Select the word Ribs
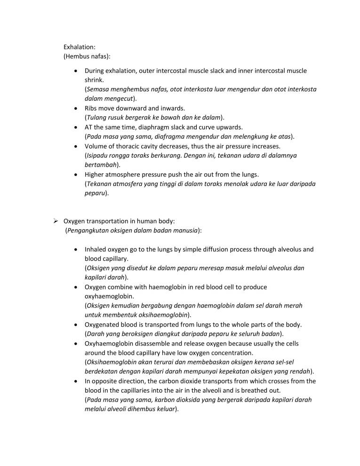pos(92,108)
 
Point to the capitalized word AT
pos(89,127)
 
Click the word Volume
pos(96,146)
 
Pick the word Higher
pos(96,175)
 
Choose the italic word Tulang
pos(97,117)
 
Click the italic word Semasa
pos(99,89)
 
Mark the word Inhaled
pos(96,249)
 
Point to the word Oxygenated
pos(104,325)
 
